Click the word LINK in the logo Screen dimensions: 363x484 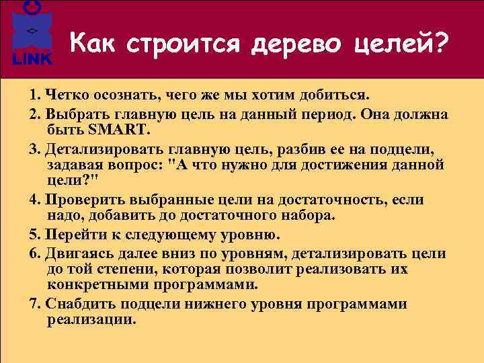click(x=32, y=59)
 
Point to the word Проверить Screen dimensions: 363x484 click(x=76, y=200)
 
